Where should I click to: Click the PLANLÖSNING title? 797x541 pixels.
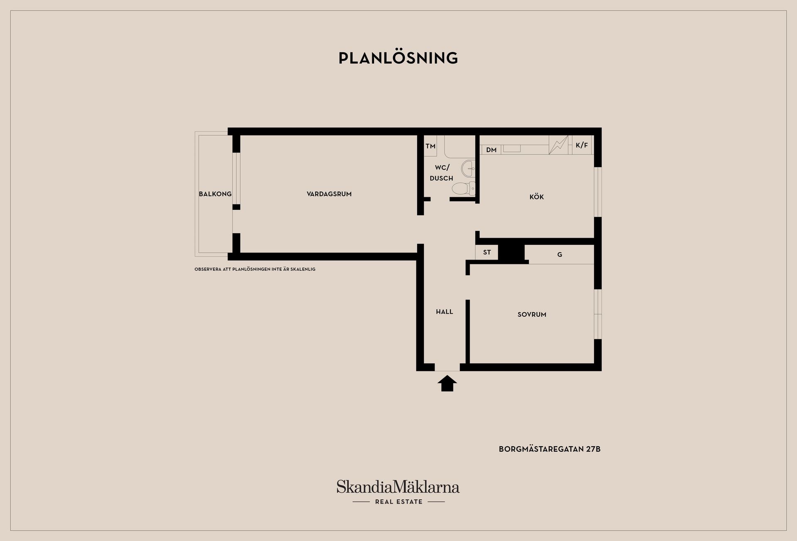(398, 58)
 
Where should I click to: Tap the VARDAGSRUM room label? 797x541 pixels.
(329, 194)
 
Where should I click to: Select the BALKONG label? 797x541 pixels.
(215, 194)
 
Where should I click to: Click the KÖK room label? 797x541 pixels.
(536, 197)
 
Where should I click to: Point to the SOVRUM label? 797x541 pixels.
(532, 315)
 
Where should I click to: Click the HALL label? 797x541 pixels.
(444, 312)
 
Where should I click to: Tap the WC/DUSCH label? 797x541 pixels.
(442, 173)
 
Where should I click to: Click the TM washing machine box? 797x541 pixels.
(430, 146)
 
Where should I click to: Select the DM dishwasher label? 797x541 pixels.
(491, 150)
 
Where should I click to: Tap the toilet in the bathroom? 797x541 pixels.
(464, 189)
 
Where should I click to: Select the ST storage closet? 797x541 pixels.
(487, 252)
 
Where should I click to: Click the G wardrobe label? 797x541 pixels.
(560, 254)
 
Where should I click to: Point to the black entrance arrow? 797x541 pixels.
(447, 383)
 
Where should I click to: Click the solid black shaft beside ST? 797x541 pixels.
(511, 253)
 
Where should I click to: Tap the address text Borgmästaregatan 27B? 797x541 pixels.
(550, 449)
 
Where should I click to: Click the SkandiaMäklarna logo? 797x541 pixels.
(398, 492)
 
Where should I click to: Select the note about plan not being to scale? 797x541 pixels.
(255, 269)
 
